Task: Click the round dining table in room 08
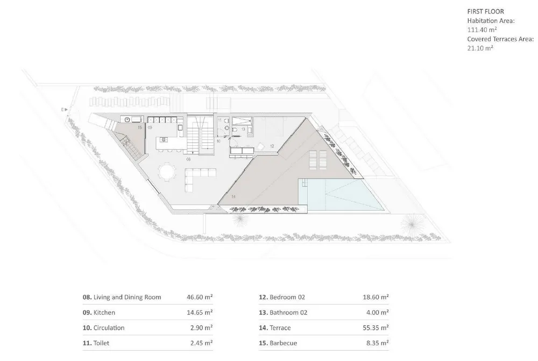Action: [167, 172]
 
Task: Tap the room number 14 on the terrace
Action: [233, 196]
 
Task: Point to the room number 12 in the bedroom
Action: [272, 146]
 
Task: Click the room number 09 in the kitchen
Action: [150, 128]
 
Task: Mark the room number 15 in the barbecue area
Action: [140, 128]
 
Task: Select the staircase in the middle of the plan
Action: [200, 134]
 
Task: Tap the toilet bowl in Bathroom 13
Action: [235, 129]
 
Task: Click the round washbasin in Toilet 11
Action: [226, 128]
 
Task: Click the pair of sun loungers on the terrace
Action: [318, 160]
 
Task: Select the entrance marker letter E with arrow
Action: [64, 110]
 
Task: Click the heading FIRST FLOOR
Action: [485, 11]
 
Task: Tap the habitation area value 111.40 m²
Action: [482, 30]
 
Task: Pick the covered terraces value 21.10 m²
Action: [480, 48]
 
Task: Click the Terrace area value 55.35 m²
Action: [376, 328]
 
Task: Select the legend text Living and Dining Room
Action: [128, 297]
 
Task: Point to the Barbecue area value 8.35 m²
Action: [378, 343]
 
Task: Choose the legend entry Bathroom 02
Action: [283, 313]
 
